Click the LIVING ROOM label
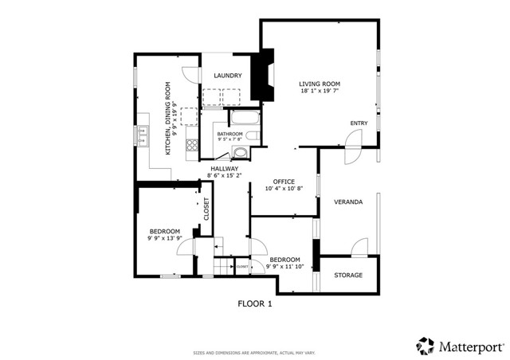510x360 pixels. click(x=320, y=84)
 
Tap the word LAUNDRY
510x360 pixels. click(x=227, y=76)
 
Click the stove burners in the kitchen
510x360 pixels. click(x=191, y=145)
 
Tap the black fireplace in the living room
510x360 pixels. click(x=261, y=77)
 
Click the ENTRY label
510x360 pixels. click(x=359, y=123)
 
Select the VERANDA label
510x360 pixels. click(x=348, y=202)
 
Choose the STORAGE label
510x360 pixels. click(x=347, y=276)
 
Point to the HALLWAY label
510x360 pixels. click(x=225, y=168)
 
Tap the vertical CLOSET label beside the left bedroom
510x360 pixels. click(x=206, y=209)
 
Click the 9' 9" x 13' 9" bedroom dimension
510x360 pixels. click(x=165, y=238)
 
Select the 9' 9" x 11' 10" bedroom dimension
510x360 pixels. click(x=284, y=267)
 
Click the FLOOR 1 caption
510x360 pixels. click(x=255, y=303)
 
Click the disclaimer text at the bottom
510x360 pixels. click(x=255, y=352)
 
